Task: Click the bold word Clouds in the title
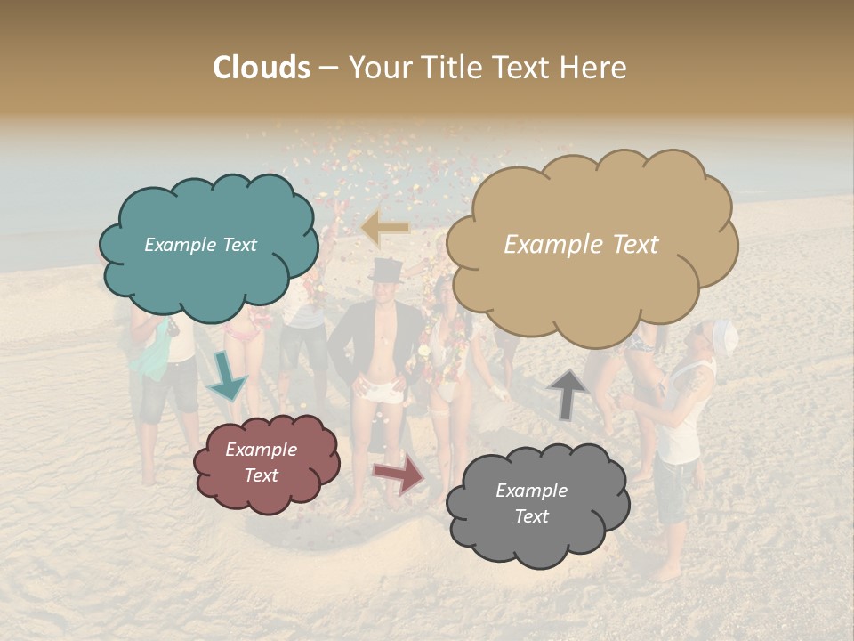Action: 262,68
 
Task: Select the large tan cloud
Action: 592,245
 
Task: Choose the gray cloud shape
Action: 536,504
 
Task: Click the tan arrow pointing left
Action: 385,228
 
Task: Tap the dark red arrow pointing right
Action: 399,473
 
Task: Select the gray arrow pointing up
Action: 568,394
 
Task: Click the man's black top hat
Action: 386,271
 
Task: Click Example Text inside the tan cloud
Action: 581,245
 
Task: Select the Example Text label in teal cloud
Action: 200,245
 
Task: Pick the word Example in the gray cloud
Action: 531,491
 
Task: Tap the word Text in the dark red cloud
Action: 262,475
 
